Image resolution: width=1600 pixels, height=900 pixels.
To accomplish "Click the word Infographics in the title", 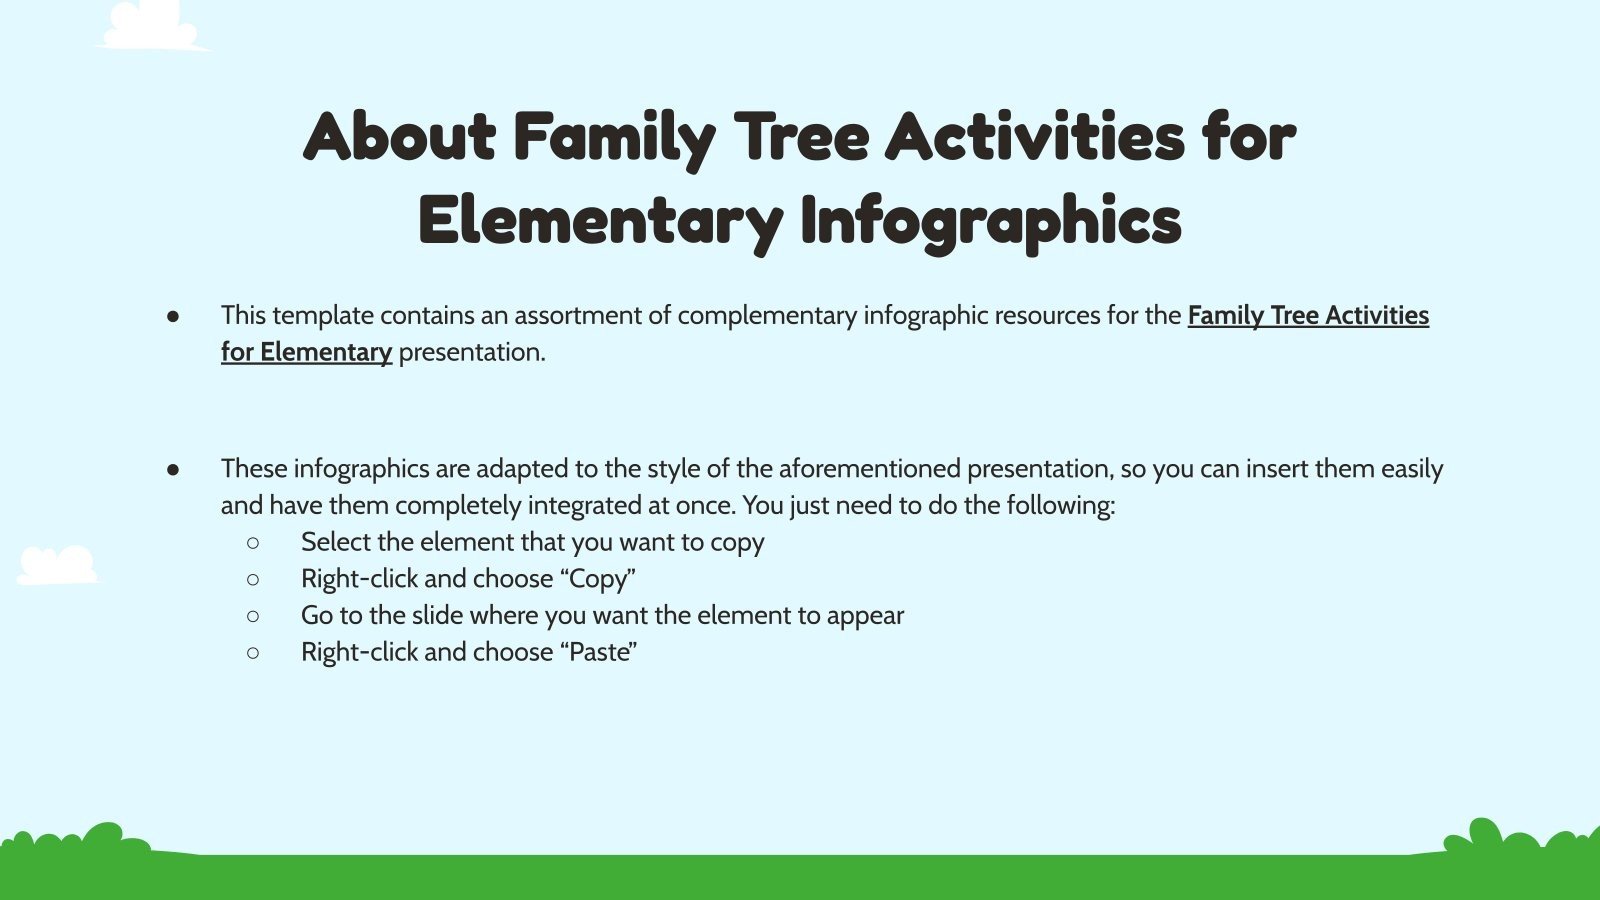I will click(990, 221).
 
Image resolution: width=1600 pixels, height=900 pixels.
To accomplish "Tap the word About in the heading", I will click(399, 137).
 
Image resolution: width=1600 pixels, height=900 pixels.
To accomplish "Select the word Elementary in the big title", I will click(599, 221).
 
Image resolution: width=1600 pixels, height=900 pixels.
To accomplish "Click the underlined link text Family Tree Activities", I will click(1307, 316).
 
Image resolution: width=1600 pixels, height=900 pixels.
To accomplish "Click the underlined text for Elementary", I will click(306, 352).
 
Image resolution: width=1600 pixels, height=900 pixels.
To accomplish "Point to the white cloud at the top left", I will click(151, 27).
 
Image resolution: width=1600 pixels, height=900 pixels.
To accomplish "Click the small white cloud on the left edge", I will click(57, 565).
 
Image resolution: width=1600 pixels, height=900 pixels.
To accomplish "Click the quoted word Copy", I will click(598, 579).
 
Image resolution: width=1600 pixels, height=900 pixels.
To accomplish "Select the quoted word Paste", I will click(599, 652).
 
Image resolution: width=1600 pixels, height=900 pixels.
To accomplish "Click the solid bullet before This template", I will click(173, 316).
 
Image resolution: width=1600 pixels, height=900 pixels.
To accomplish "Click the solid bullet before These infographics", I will click(173, 469).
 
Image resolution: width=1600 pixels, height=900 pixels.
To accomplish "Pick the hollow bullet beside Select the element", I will click(253, 543).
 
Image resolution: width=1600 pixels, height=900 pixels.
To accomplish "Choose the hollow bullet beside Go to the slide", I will click(253, 616).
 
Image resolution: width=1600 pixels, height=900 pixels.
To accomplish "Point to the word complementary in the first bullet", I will click(767, 316).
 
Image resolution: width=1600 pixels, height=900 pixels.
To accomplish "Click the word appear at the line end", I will click(865, 616).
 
